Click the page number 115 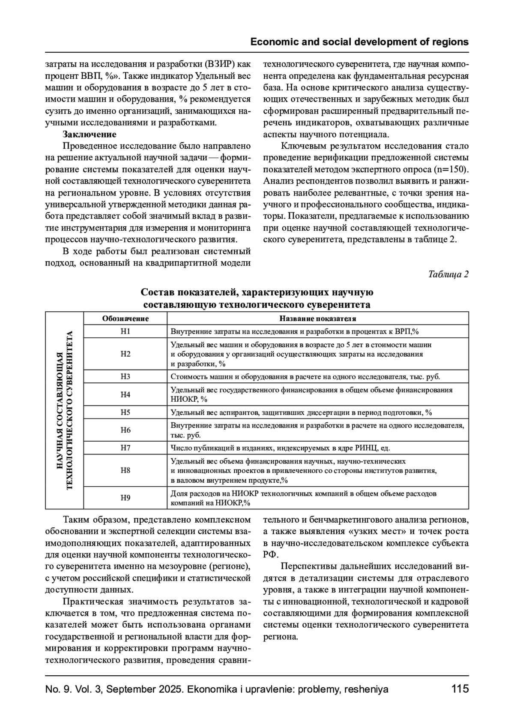click(x=460, y=689)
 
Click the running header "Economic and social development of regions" click(x=359, y=42)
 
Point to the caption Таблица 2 click(x=448, y=274)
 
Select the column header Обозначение click(x=125, y=319)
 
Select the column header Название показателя click(x=317, y=319)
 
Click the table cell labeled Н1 click(x=125, y=331)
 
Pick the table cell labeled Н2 click(x=125, y=354)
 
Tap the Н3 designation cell click(x=125, y=376)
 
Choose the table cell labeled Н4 click(x=125, y=394)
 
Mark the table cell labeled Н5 click(x=125, y=412)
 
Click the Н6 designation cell click(x=125, y=430)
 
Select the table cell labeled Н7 click(x=125, y=448)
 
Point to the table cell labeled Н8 click(x=125, y=470)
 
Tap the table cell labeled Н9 click(x=125, y=498)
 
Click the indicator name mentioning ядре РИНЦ click(x=280, y=448)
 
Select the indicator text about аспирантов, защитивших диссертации click(x=301, y=412)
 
